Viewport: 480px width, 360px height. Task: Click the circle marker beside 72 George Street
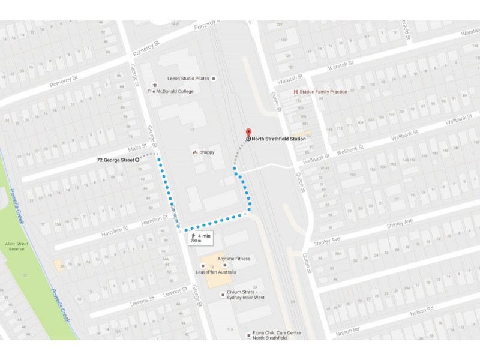click(x=137, y=160)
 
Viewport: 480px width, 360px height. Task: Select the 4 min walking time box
click(x=200, y=238)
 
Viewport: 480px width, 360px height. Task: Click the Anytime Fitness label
click(x=233, y=259)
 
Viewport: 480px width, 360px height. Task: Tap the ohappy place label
click(x=206, y=152)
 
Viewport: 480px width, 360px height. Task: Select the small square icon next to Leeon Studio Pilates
click(x=213, y=79)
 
